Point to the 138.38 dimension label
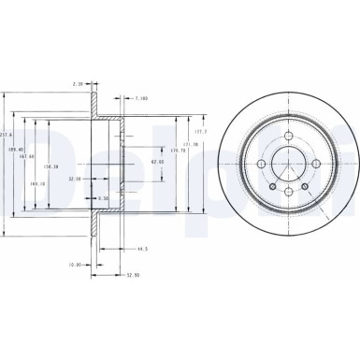point(53,166)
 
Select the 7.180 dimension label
point(141,97)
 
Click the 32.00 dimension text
point(76,177)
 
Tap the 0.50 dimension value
point(103,197)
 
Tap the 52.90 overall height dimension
point(136,275)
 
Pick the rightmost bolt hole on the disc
point(316,165)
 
